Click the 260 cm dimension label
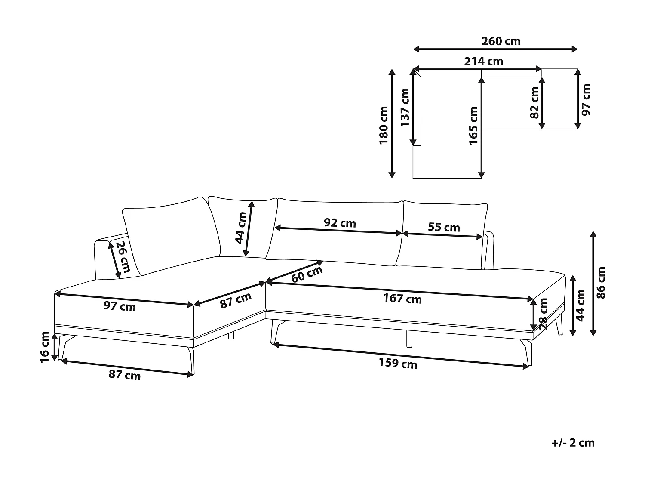501,41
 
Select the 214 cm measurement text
483,62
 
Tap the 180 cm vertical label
384,125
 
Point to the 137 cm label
405,108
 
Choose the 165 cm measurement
473,125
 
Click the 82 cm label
534,102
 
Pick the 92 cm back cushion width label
340,223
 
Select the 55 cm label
444,227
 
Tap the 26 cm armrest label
123,257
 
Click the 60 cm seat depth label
307,274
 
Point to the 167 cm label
402,299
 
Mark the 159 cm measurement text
398,364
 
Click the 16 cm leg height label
45,347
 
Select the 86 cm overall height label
601,283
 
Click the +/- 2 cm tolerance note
573,443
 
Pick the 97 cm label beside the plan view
586,99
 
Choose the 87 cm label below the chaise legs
124,375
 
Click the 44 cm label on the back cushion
241,228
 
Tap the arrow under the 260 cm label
495,49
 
